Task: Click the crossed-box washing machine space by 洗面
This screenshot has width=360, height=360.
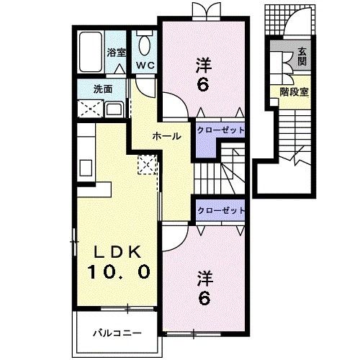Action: pyautogui.click(x=91, y=109)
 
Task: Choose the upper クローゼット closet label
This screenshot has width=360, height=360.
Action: pyautogui.click(x=220, y=130)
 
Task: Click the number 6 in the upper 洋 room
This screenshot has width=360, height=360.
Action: pyautogui.click(x=203, y=84)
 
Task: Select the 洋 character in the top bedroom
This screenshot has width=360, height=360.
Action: pyautogui.click(x=203, y=65)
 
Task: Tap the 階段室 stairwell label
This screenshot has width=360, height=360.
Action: pyautogui.click(x=294, y=91)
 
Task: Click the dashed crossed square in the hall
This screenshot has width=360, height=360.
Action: pyautogui.click(x=148, y=165)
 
